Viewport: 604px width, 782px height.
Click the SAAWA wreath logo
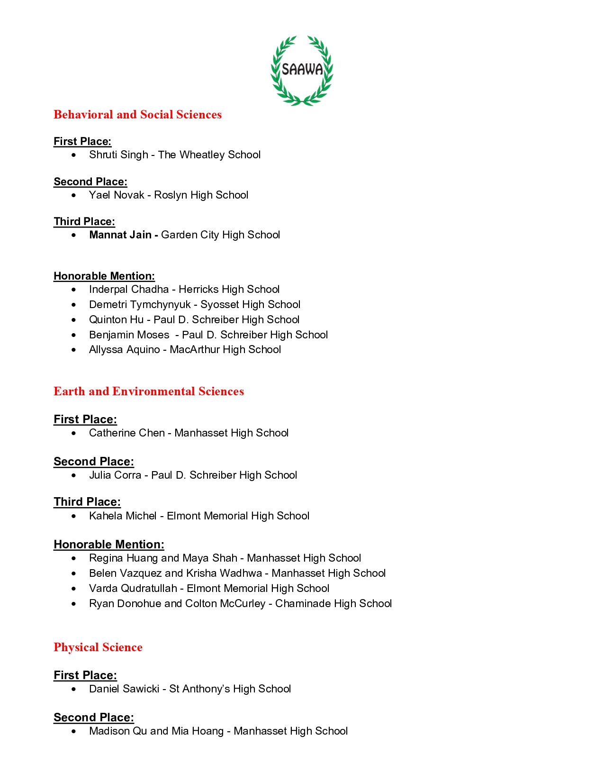tap(302, 70)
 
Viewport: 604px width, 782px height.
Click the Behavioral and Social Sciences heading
tap(137, 115)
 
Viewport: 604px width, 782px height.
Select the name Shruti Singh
tap(118, 155)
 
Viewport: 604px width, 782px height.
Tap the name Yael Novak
tap(117, 195)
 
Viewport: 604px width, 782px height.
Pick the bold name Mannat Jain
tap(120, 235)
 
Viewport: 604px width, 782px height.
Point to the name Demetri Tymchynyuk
tap(140, 305)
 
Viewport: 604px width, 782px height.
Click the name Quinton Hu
tap(116, 320)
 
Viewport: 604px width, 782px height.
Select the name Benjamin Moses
tap(129, 335)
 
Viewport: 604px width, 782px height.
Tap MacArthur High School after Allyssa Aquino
tap(225, 350)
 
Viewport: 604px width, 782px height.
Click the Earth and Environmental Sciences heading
tap(149, 391)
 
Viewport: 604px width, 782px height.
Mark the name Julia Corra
tap(115, 475)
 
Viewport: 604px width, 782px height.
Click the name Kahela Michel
tap(123, 516)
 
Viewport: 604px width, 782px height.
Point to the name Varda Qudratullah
tap(133, 589)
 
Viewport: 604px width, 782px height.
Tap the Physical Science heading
tap(98, 647)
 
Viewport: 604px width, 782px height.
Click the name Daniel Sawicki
tap(124, 689)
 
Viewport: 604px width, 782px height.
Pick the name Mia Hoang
tap(198, 731)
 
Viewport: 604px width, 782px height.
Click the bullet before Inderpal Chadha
tap(73, 290)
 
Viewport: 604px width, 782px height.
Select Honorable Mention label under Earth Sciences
tap(109, 545)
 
